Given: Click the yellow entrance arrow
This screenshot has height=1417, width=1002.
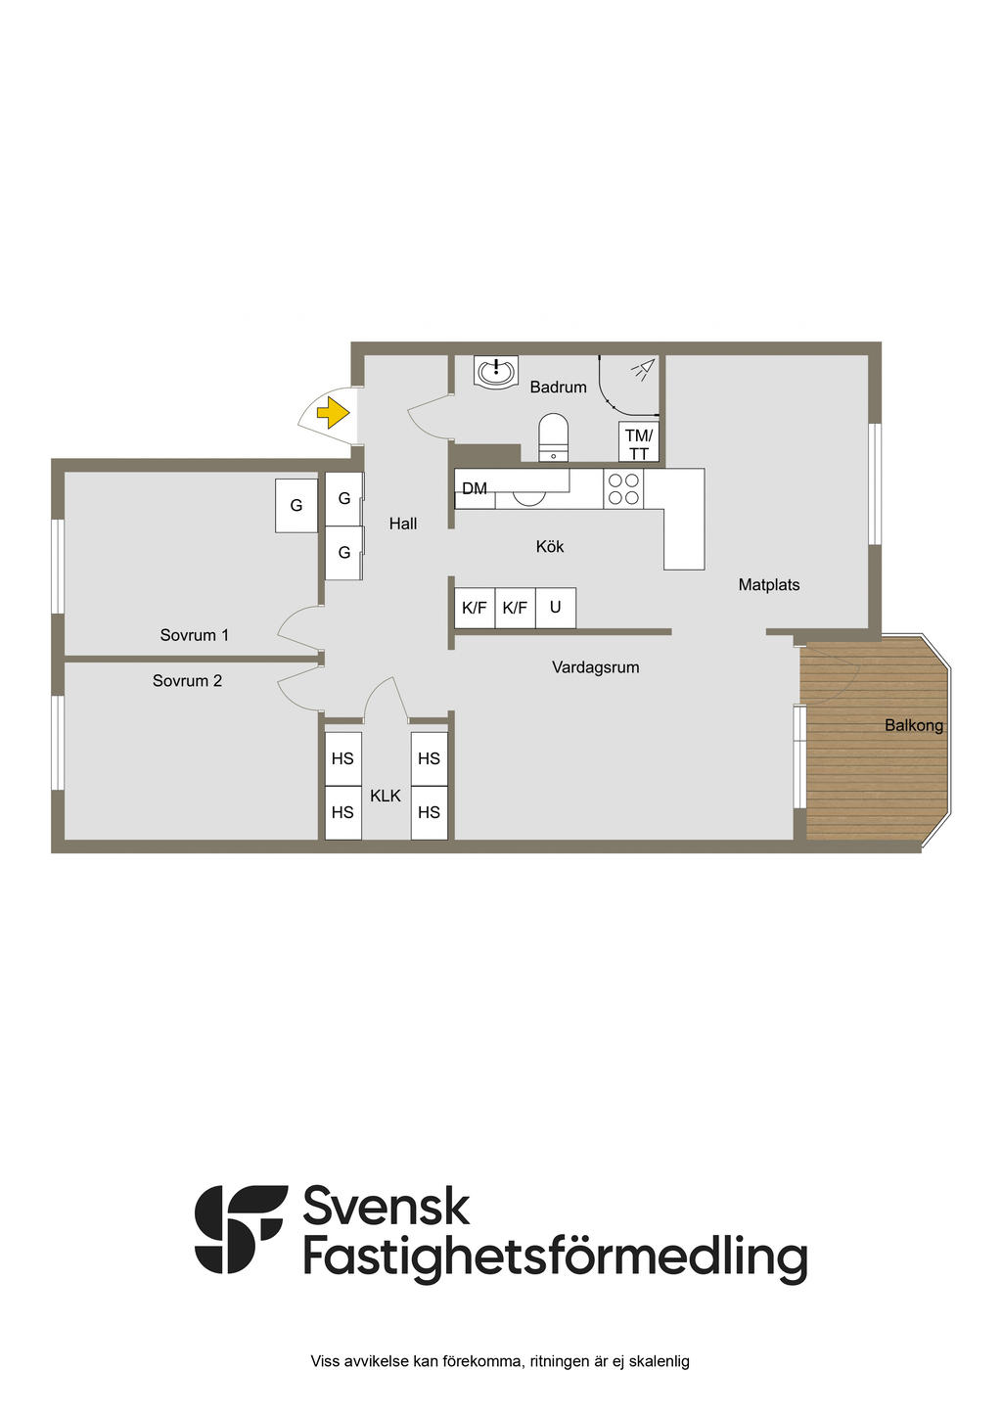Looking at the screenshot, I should point(334,413).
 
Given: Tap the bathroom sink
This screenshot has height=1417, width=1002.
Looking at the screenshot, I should point(496,372).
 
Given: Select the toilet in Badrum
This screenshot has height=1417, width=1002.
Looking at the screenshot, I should point(554,435).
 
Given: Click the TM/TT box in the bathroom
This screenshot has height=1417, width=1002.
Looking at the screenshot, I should point(639,443).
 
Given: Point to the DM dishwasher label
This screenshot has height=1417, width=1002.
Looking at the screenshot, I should point(475,488).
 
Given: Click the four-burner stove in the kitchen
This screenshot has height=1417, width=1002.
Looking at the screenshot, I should point(623,489).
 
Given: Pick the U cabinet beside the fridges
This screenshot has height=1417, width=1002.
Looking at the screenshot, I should point(555,608).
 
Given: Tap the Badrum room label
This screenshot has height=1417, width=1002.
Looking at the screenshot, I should point(558,388).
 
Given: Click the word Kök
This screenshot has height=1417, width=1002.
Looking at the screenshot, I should point(550,547).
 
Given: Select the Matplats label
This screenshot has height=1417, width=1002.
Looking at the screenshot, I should point(769,585).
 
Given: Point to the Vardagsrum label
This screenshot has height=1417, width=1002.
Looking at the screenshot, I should point(595,667).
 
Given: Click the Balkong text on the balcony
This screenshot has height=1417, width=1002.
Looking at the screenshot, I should point(913,725).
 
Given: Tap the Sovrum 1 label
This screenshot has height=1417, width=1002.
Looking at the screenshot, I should point(195,635).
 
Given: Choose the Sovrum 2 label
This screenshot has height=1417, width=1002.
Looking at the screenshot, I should point(187,681).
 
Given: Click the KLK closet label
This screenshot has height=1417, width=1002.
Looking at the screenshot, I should point(386,796).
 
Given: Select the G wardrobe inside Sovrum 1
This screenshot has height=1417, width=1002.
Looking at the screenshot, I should point(296,506).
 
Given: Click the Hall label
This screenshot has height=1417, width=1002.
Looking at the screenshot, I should point(403,524).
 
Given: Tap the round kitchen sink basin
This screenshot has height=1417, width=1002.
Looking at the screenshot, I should point(529,497).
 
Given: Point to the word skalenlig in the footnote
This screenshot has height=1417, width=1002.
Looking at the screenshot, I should point(659,1361).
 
